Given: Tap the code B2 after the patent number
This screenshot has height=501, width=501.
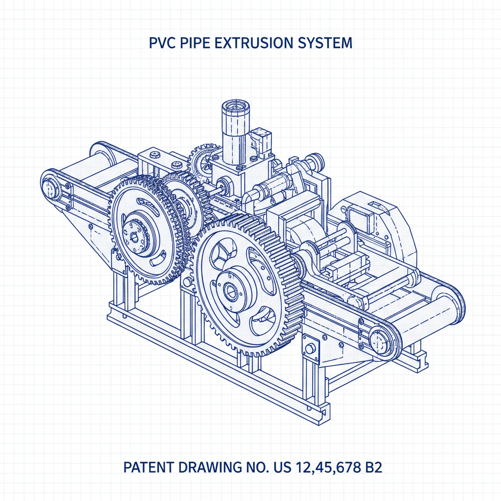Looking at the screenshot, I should pos(371,467).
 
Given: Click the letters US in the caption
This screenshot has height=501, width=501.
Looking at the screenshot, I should pos(284,467).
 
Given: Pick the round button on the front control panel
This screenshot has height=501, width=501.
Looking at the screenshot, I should pos(309,349).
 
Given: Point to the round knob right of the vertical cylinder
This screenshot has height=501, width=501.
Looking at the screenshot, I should pos(314,159).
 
